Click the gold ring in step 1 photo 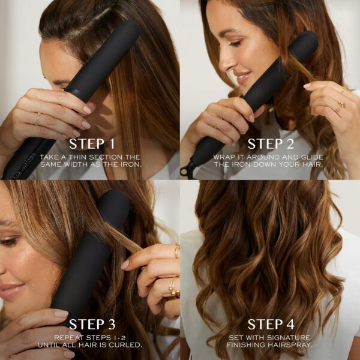[x=38, y=119]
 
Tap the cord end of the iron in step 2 [x=185, y=171]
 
